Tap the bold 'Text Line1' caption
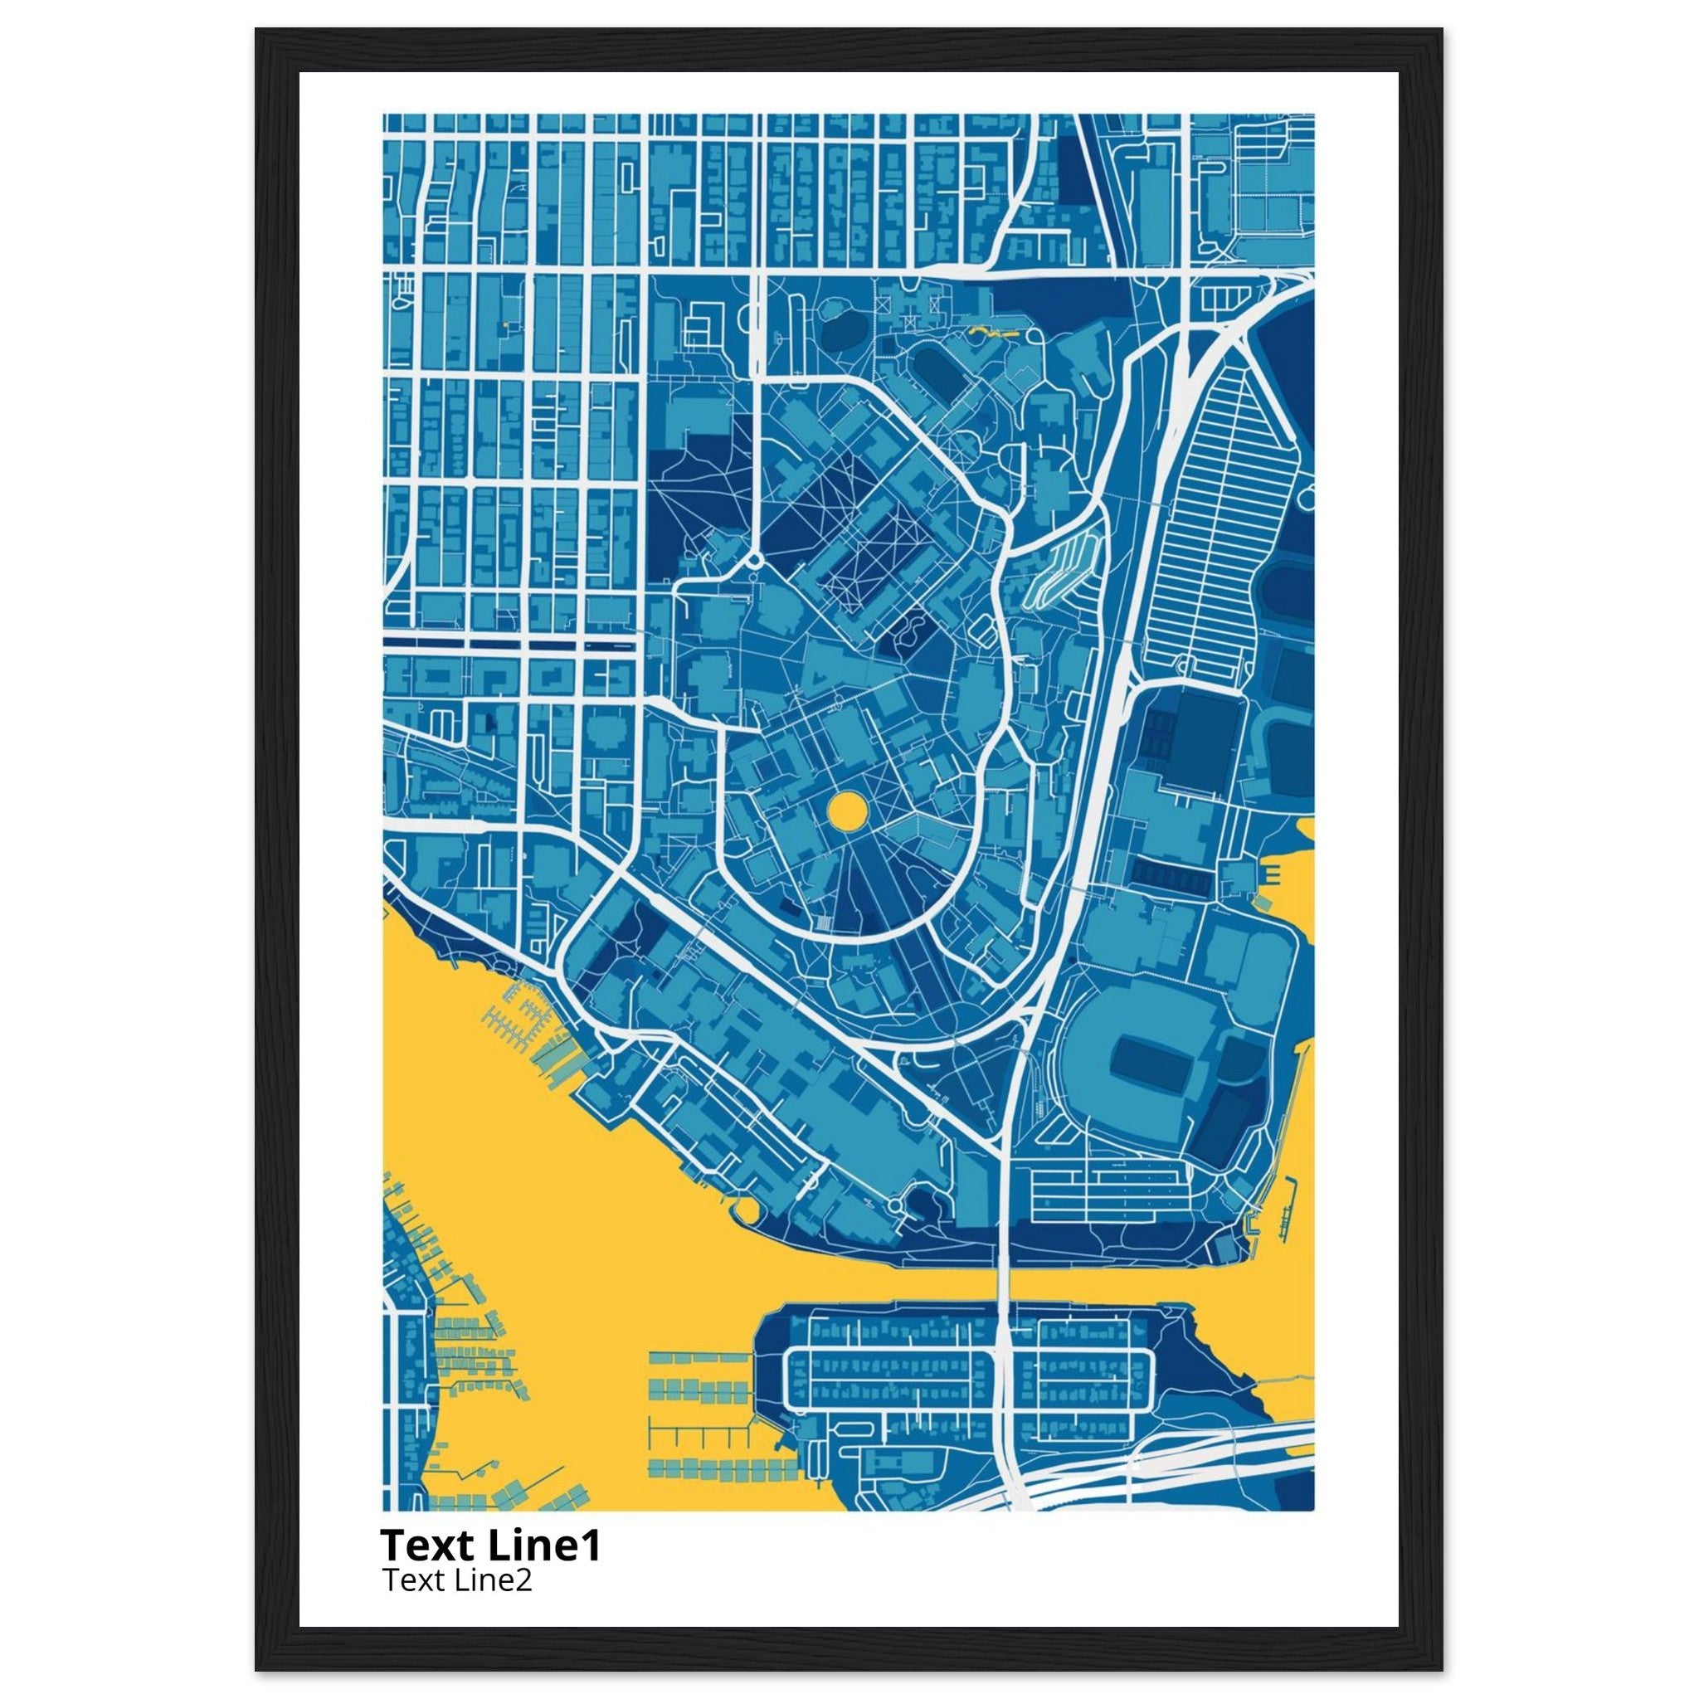[489, 1570]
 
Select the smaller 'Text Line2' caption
[456, 1605]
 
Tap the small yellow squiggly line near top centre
[990, 333]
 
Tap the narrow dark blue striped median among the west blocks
[510, 644]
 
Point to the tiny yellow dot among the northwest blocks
[506, 324]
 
